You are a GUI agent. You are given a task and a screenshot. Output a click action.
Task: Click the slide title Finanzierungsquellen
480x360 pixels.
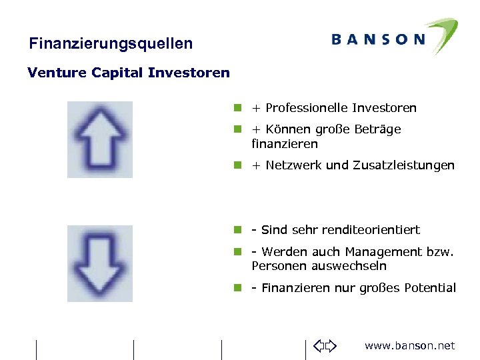(x=111, y=44)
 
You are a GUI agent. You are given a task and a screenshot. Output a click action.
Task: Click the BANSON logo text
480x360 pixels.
(x=378, y=39)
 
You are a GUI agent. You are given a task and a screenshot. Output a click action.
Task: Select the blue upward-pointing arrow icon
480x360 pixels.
(x=100, y=139)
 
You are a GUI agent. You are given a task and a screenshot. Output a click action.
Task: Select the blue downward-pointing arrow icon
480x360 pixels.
(x=100, y=263)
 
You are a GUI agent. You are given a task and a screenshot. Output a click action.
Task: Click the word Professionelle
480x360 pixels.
(x=307, y=108)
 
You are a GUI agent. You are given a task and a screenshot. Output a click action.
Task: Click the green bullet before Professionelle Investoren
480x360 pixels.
(x=237, y=108)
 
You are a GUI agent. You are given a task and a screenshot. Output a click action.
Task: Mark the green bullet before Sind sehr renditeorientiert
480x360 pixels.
(x=237, y=230)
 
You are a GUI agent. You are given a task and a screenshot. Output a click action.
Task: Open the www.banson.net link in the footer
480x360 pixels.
(x=409, y=345)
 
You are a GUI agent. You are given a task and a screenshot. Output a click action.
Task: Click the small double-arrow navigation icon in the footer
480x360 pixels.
(x=326, y=345)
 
